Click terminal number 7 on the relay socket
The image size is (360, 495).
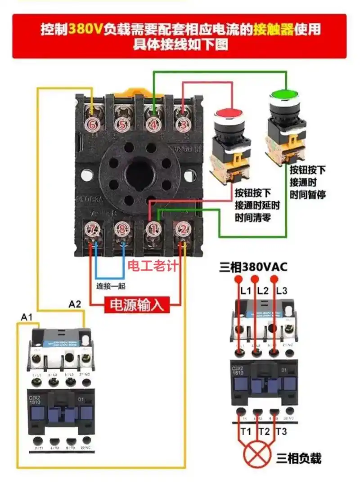point(93,230)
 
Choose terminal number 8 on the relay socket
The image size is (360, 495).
point(122,230)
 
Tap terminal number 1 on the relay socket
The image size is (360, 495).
point(153,230)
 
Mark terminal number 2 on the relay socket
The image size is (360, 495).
point(182,230)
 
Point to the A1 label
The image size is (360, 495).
point(27,318)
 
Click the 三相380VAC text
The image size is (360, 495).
point(253,268)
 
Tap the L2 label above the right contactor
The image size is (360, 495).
point(262,291)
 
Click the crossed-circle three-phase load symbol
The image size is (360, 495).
point(257,455)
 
